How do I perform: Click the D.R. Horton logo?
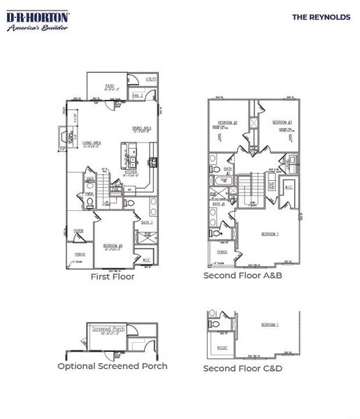pyautogui.click(x=38, y=20)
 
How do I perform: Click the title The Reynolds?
pyautogui.click(x=321, y=17)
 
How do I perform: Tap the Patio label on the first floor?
pyautogui.click(x=110, y=86)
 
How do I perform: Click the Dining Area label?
pyautogui.click(x=143, y=128)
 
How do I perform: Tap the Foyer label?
pyautogui.click(x=79, y=230)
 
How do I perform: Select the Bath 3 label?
pyautogui.click(x=146, y=222)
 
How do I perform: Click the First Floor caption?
pyautogui.click(x=113, y=277)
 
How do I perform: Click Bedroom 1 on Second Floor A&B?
pyautogui.click(x=270, y=234)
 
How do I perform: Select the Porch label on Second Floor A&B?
pyautogui.click(x=222, y=252)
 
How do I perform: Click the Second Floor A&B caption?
pyautogui.click(x=242, y=276)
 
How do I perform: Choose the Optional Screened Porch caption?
pyautogui.click(x=113, y=366)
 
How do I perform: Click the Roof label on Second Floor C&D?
pyautogui.click(x=222, y=347)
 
